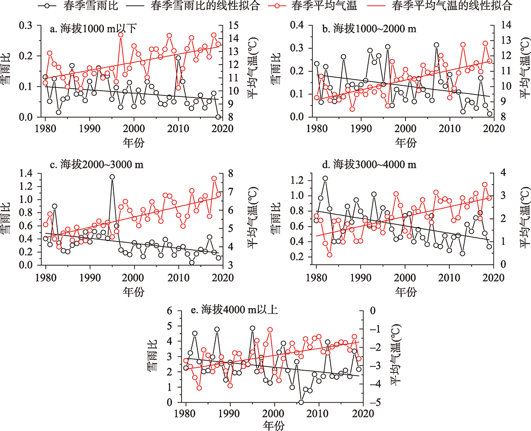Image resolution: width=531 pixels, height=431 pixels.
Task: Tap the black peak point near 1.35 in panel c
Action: click(112, 177)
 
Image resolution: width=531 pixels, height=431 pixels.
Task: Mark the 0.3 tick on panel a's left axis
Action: click(30, 25)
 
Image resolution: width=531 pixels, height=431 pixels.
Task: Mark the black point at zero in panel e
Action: click(301, 402)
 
